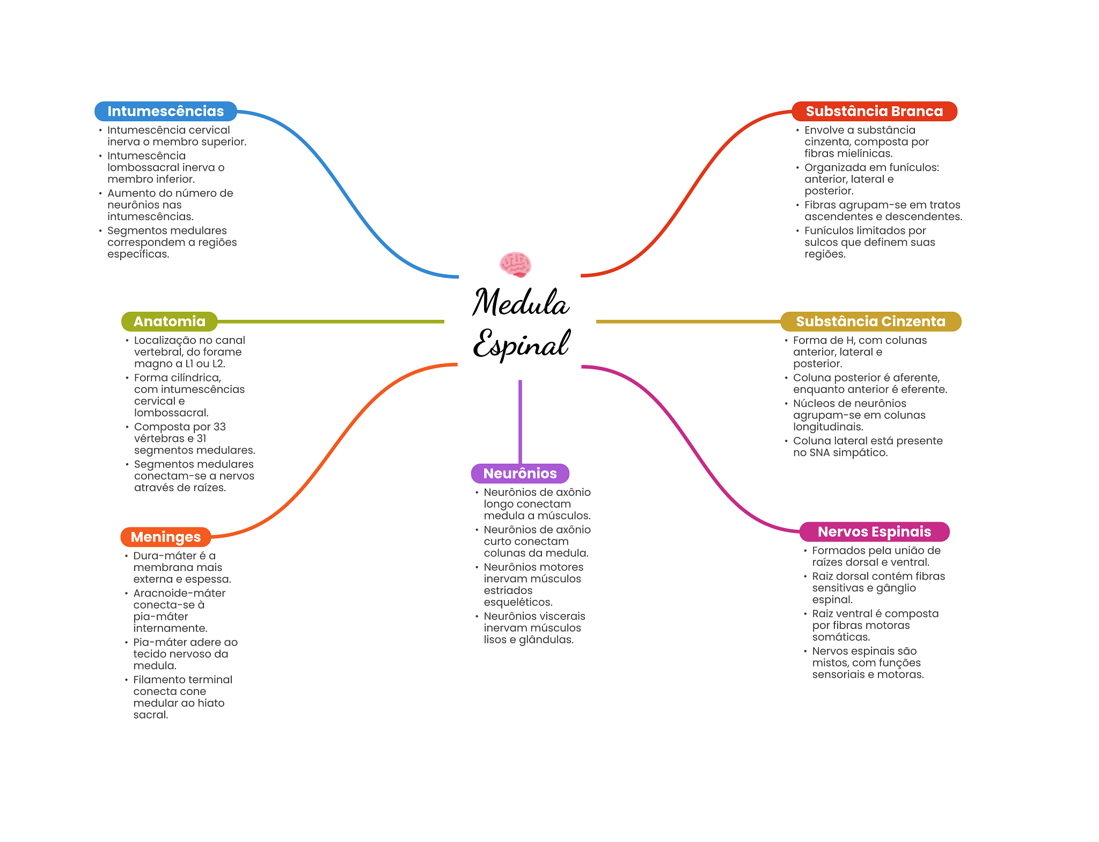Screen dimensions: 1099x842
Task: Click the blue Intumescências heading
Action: pyautogui.click(x=166, y=111)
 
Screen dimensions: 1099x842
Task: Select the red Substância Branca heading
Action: pyautogui.click(x=874, y=111)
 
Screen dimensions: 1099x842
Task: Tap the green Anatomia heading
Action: pyautogui.click(x=170, y=321)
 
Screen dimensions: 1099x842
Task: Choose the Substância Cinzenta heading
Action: pyautogui.click(x=870, y=321)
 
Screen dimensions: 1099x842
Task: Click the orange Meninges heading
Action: pyautogui.click(x=166, y=537)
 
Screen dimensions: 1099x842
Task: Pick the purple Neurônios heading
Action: pyautogui.click(x=520, y=473)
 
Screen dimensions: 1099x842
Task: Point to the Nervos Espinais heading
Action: pyautogui.click(x=874, y=531)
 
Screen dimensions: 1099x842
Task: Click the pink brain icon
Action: pyautogui.click(x=515, y=264)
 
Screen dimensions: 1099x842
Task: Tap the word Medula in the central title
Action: pyautogui.click(x=521, y=302)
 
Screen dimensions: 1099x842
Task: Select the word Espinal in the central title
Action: pyautogui.click(x=521, y=344)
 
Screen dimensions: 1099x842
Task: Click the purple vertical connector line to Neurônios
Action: pyautogui.click(x=520, y=422)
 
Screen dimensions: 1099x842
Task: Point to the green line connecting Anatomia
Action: pyautogui.click(x=331, y=321)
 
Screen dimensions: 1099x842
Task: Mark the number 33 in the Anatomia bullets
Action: pyautogui.click(x=219, y=427)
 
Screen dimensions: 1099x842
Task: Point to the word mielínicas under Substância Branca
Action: pyautogui.click(x=862, y=153)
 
